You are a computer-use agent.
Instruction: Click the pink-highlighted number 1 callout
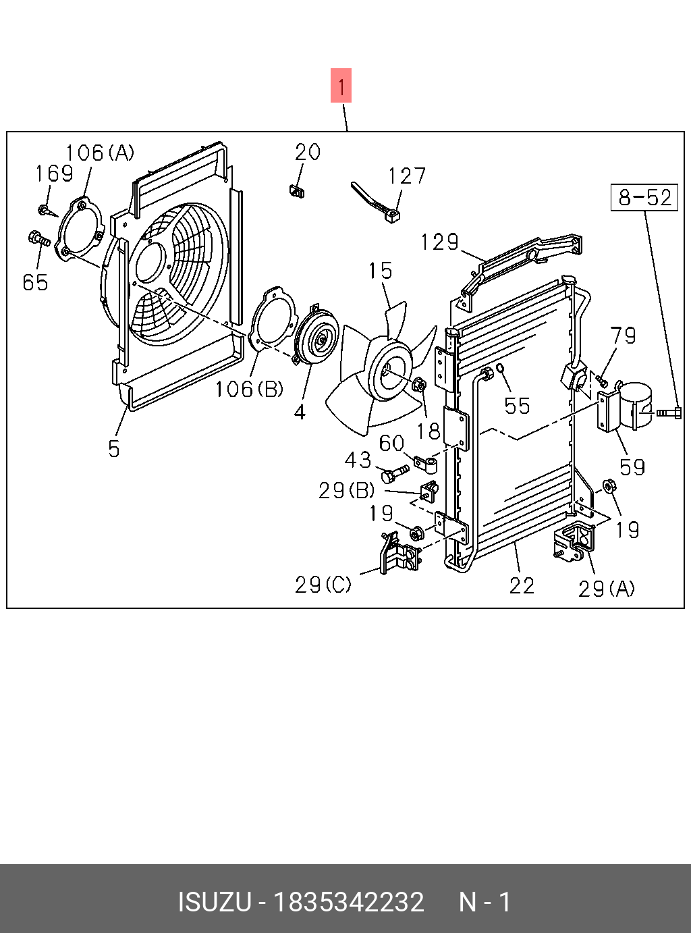(341, 86)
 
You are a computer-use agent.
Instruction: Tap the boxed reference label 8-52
(644, 197)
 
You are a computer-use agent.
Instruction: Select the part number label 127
(407, 176)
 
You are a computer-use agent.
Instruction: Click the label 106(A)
(100, 153)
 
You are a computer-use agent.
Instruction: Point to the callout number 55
(518, 406)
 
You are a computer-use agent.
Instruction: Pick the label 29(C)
(323, 585)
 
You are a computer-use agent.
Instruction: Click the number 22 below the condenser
(522, 585)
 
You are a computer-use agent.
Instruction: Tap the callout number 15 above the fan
(380, 271)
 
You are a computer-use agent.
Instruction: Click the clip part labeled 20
(296, 192)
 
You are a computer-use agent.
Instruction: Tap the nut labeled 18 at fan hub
(418, 385)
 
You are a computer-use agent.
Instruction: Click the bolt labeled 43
(395, 473)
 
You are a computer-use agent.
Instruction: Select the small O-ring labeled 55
(501, 368)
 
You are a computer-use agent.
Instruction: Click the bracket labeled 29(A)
(574, 541)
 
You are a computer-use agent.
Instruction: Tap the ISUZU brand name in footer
(214, 902)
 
